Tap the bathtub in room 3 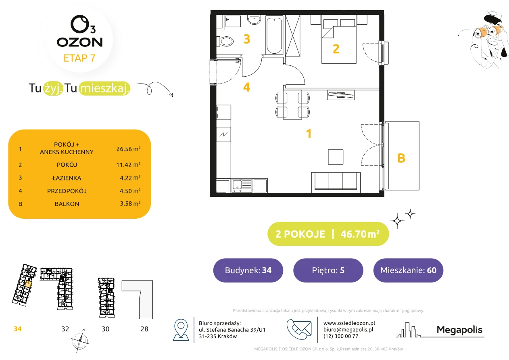(x=274, y=35)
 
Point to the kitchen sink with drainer (x=242, y=186)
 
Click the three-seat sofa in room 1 (x=336, y=182)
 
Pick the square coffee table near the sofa (x=336, y=157)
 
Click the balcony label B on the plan (x=401, y=158)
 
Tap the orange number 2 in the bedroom (x=336, y=49)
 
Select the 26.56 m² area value (x=128, y=149)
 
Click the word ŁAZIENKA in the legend (x=67, y=178)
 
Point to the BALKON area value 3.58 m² (x=130, y=203)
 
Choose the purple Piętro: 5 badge (x=328, y=270)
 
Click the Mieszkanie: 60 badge (x=408, y=270)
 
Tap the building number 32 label (x=65, y=329)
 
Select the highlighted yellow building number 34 (x=17, y=329)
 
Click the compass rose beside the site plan (x=80, y=341)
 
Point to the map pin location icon (x=181, y=329)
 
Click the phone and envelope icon (x=299, y=329)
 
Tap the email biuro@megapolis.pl (x=348, y=329)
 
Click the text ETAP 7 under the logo (x=79, y=58)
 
